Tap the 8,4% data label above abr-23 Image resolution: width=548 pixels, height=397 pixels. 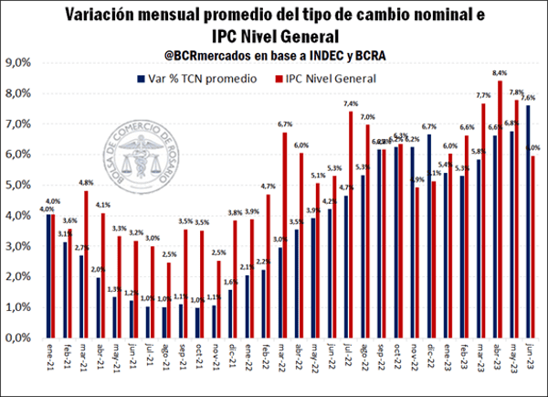500,71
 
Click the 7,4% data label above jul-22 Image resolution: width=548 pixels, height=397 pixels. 351,103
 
